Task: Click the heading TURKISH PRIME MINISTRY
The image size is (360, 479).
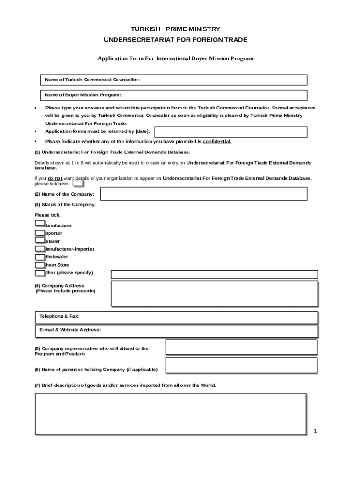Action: click(x=175, y=29)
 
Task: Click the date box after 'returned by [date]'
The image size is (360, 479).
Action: click(x=230, y=132)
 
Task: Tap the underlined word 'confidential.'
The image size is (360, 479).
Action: click(x=217, y=142)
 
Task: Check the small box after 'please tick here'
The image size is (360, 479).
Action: click(x=78, y=183)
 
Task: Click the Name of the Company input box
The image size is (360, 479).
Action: click(x=204, y=194)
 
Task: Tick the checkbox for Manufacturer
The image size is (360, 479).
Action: click(x=40, y=224)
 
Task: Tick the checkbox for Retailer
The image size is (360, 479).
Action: click(x=40, y=240)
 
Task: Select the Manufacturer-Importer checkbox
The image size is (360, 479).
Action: click(x=40, y=248)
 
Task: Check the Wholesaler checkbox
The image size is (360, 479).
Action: click(x=40, y=256)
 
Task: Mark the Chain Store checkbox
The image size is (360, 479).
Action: click(x=40, y=264)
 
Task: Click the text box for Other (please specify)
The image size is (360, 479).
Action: click(x=214, y=275)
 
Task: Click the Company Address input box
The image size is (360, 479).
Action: click(x=214, y=293)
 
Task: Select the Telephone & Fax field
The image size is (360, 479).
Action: click(x=177, y=318)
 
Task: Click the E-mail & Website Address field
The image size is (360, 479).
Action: click(x=177, y=331)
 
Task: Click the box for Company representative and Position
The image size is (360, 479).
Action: click(x=241, y=347)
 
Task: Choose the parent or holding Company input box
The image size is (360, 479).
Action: click(x=241, y=366)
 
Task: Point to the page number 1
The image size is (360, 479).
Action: click(x=315, y=431)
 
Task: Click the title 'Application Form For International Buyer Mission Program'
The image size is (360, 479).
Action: click(x=175, y=58)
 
